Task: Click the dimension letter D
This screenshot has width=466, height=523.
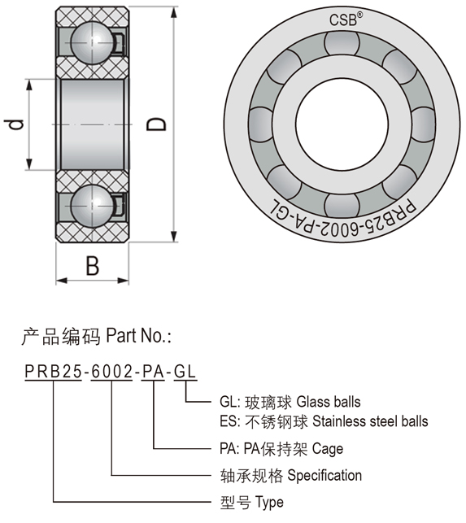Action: tap(156, 124)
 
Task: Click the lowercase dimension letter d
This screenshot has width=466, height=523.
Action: tap(14, 124)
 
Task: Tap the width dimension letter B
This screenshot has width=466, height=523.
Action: tap(93, 266)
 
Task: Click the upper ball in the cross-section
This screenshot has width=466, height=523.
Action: tap(92, 42)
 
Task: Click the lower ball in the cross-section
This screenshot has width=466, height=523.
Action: tap(92, 206)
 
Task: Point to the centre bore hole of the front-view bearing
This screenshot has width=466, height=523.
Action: tap(342, 124)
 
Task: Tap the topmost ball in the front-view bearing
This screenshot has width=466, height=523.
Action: tap(342, 42)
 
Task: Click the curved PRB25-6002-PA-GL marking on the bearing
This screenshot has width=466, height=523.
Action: tap(343, 219)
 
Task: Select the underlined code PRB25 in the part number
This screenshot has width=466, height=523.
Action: tap(53, 371)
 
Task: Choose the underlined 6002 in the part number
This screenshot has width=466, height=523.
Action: tap(111, 371)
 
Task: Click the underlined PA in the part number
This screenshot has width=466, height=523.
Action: tap(154, 371)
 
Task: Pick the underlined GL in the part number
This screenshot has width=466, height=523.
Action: tap(185, 371)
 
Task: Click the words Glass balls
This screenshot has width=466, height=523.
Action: tap(329, 402)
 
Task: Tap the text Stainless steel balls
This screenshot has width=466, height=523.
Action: tap(370, 421)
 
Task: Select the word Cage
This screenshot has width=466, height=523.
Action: tap(328, 449)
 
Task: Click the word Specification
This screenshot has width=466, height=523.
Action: tap(324, 475)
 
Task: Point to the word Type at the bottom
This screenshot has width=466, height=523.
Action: tap(269, 503)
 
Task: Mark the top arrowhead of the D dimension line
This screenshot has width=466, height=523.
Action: tap(174, 11)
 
